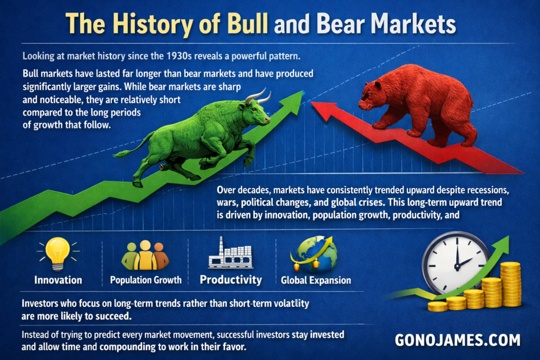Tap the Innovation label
58,280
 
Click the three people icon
145,255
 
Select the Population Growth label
146,280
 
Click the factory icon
231,254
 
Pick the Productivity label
231,279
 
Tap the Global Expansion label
316,280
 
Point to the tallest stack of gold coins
510,284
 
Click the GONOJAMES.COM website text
457,340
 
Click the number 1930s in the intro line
179,56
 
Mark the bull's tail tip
115,154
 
